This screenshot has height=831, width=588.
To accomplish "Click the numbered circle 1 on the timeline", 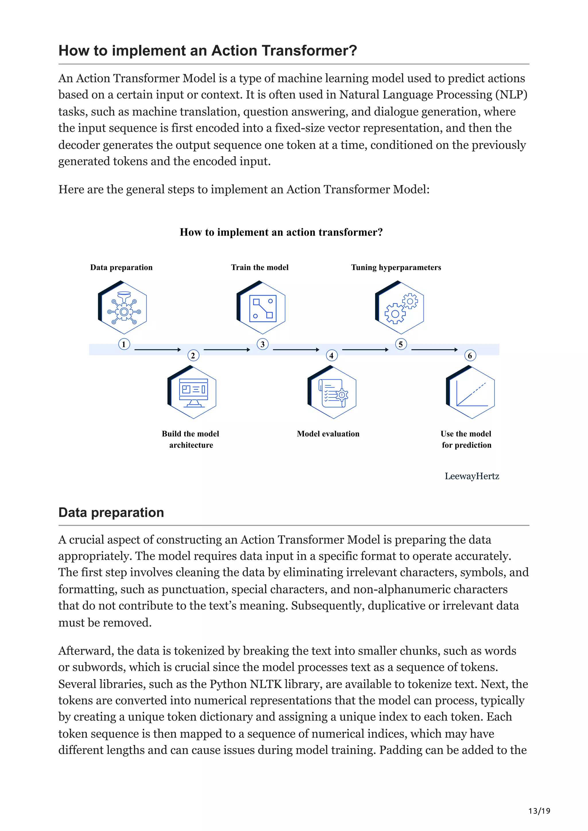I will click(x=124, y=344).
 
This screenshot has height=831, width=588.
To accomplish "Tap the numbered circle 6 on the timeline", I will click(x=470, y=355).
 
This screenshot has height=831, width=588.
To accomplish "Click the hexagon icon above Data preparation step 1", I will click(x=123, y=307).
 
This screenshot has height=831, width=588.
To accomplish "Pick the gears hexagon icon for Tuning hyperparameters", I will click(x=399, y=307).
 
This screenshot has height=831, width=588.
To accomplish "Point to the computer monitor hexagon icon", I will click(x=192, y=392).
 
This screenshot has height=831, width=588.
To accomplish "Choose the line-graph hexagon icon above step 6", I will click(x=470, y=392).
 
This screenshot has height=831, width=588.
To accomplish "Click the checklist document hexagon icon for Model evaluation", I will click(x=332, y=392).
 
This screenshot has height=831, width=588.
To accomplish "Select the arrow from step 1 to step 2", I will click(x=157, y=350).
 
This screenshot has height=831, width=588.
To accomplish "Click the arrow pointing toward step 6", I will click(x=434, y=350).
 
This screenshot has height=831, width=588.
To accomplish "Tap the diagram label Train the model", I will click(x=260, y=268).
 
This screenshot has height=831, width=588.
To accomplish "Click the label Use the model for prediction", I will click(x=466, y=439).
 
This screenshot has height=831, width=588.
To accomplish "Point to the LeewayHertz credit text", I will click(x=472, y=476).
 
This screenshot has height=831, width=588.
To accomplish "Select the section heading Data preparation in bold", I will click(x=111, y=512).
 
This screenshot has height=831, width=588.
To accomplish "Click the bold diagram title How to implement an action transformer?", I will click(x=281, y=232).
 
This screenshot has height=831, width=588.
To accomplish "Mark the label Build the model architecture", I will click(x=191, y=439).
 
